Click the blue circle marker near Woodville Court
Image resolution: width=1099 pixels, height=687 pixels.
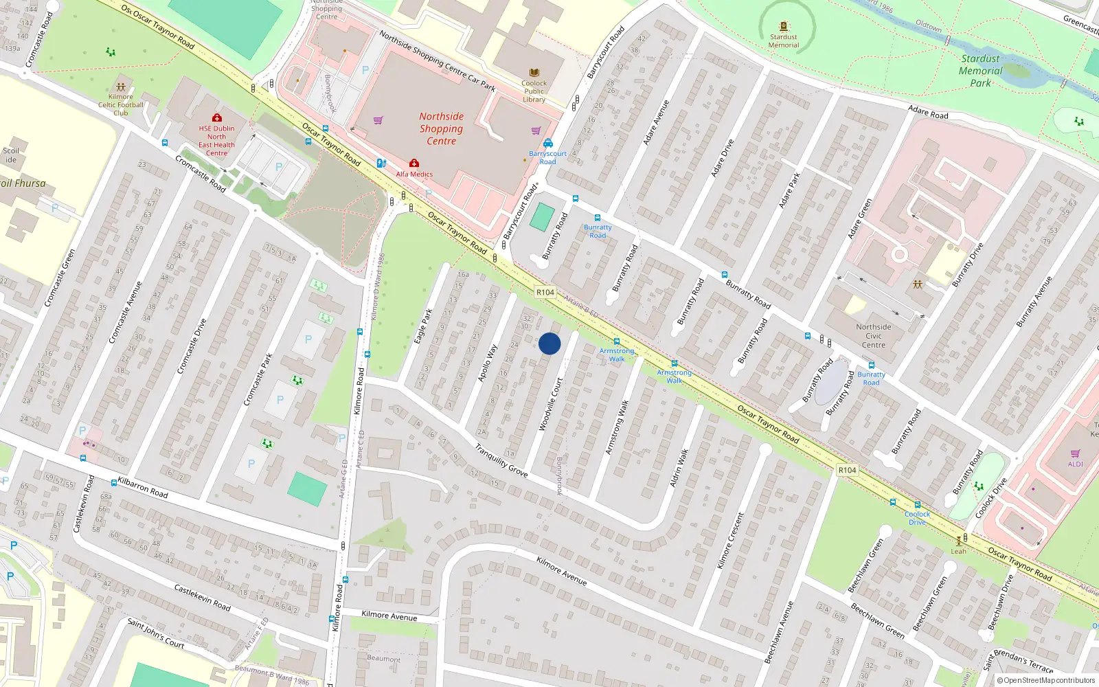(549, 343)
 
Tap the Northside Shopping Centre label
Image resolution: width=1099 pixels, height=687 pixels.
(441, 129)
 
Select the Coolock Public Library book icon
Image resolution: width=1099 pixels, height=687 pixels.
(534, 73)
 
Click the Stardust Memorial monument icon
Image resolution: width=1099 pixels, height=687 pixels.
(784, 27)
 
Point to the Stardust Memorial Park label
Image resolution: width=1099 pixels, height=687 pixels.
(980, 71)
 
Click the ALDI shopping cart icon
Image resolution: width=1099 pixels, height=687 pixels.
(1075, 453)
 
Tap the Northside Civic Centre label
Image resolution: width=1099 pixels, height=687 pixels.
(873, 336)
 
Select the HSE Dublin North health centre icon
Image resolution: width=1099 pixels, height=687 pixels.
(217, 118)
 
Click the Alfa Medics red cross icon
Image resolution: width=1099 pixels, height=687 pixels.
(414, 164)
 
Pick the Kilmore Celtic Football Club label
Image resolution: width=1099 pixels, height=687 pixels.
(121, 105)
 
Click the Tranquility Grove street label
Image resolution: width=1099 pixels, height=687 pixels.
(501, 460)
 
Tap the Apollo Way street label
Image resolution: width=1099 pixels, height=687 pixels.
(488, 363)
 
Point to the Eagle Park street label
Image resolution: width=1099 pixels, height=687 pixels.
(424, 327)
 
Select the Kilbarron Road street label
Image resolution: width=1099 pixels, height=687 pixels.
(143, 486)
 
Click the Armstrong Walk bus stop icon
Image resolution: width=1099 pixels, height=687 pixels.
(617, 341)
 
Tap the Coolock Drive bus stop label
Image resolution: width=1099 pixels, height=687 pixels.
(917, 518)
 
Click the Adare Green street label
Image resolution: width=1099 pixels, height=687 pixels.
(859, 218)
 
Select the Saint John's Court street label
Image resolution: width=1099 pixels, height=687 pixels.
(156, 633)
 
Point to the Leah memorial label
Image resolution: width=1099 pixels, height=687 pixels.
(958, 551)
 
